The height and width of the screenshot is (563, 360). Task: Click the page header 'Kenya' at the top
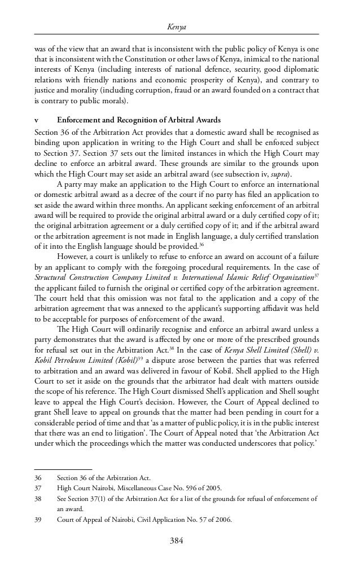(180, 27)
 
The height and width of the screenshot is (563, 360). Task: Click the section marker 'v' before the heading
(37, 120)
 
